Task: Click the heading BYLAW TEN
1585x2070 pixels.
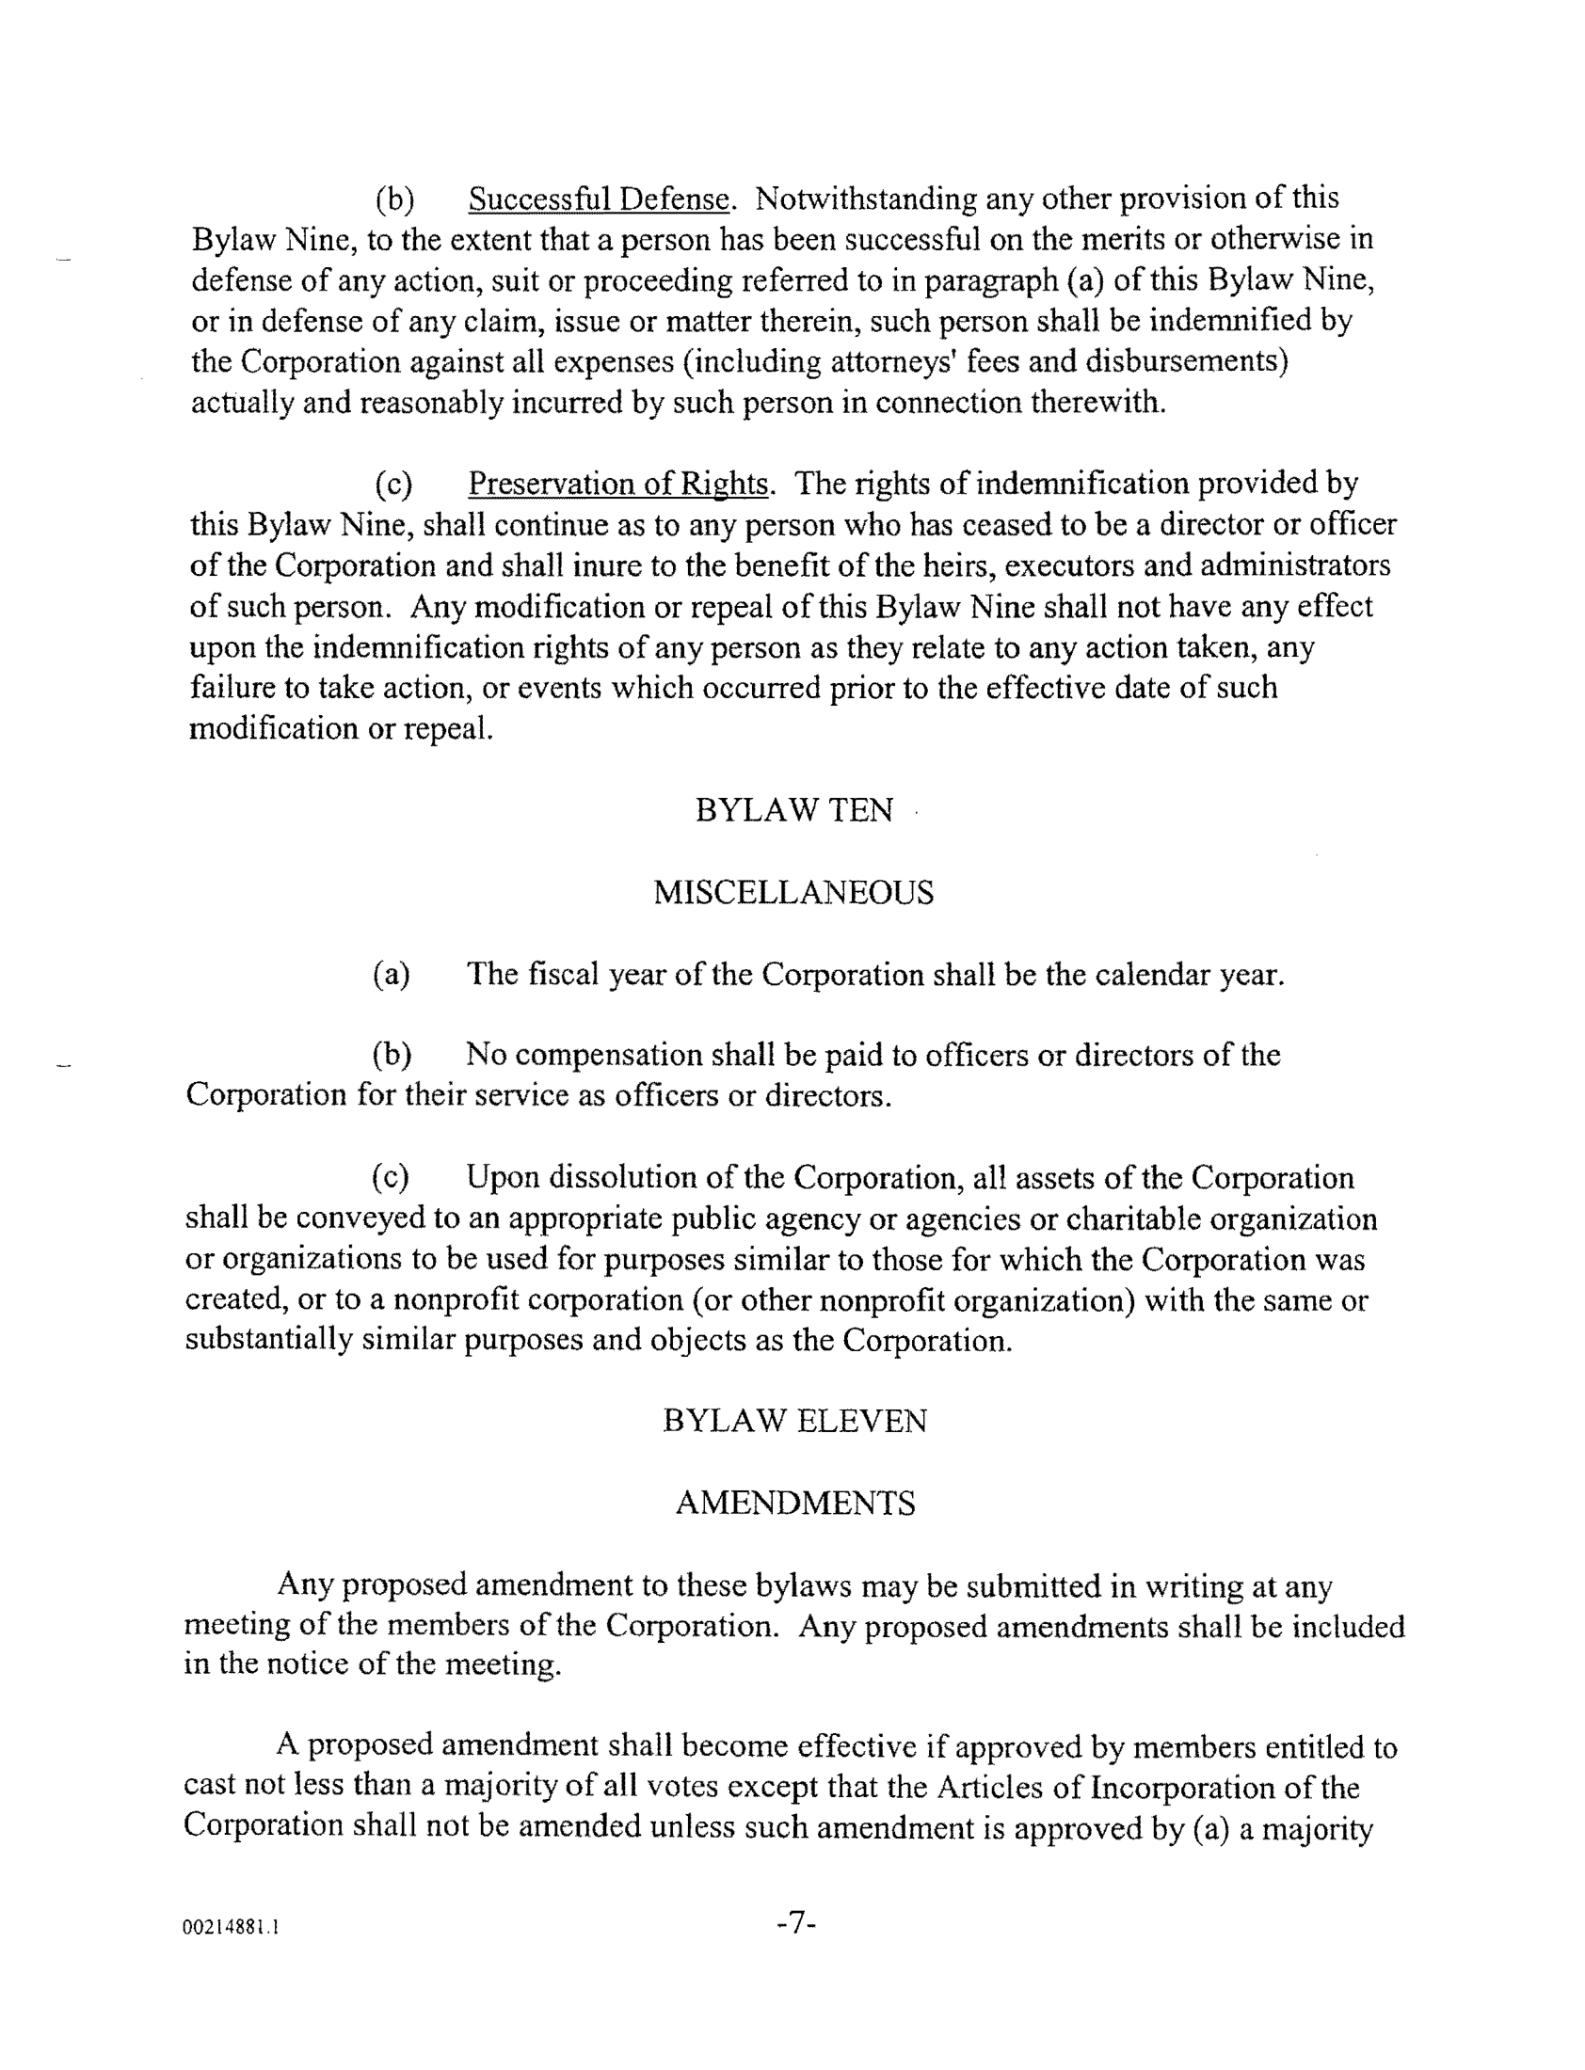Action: tap(793, 810)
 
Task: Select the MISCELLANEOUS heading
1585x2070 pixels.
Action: tap(793, 892)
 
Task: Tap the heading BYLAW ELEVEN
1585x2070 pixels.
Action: tap(794, 1420)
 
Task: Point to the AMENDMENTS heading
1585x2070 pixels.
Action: tap(794, 1503)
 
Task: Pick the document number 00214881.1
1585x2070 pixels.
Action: tap(232, 1928)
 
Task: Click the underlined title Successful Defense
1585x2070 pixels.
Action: tap(600, 199)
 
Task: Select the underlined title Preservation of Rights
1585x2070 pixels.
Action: tap(618, 484)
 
